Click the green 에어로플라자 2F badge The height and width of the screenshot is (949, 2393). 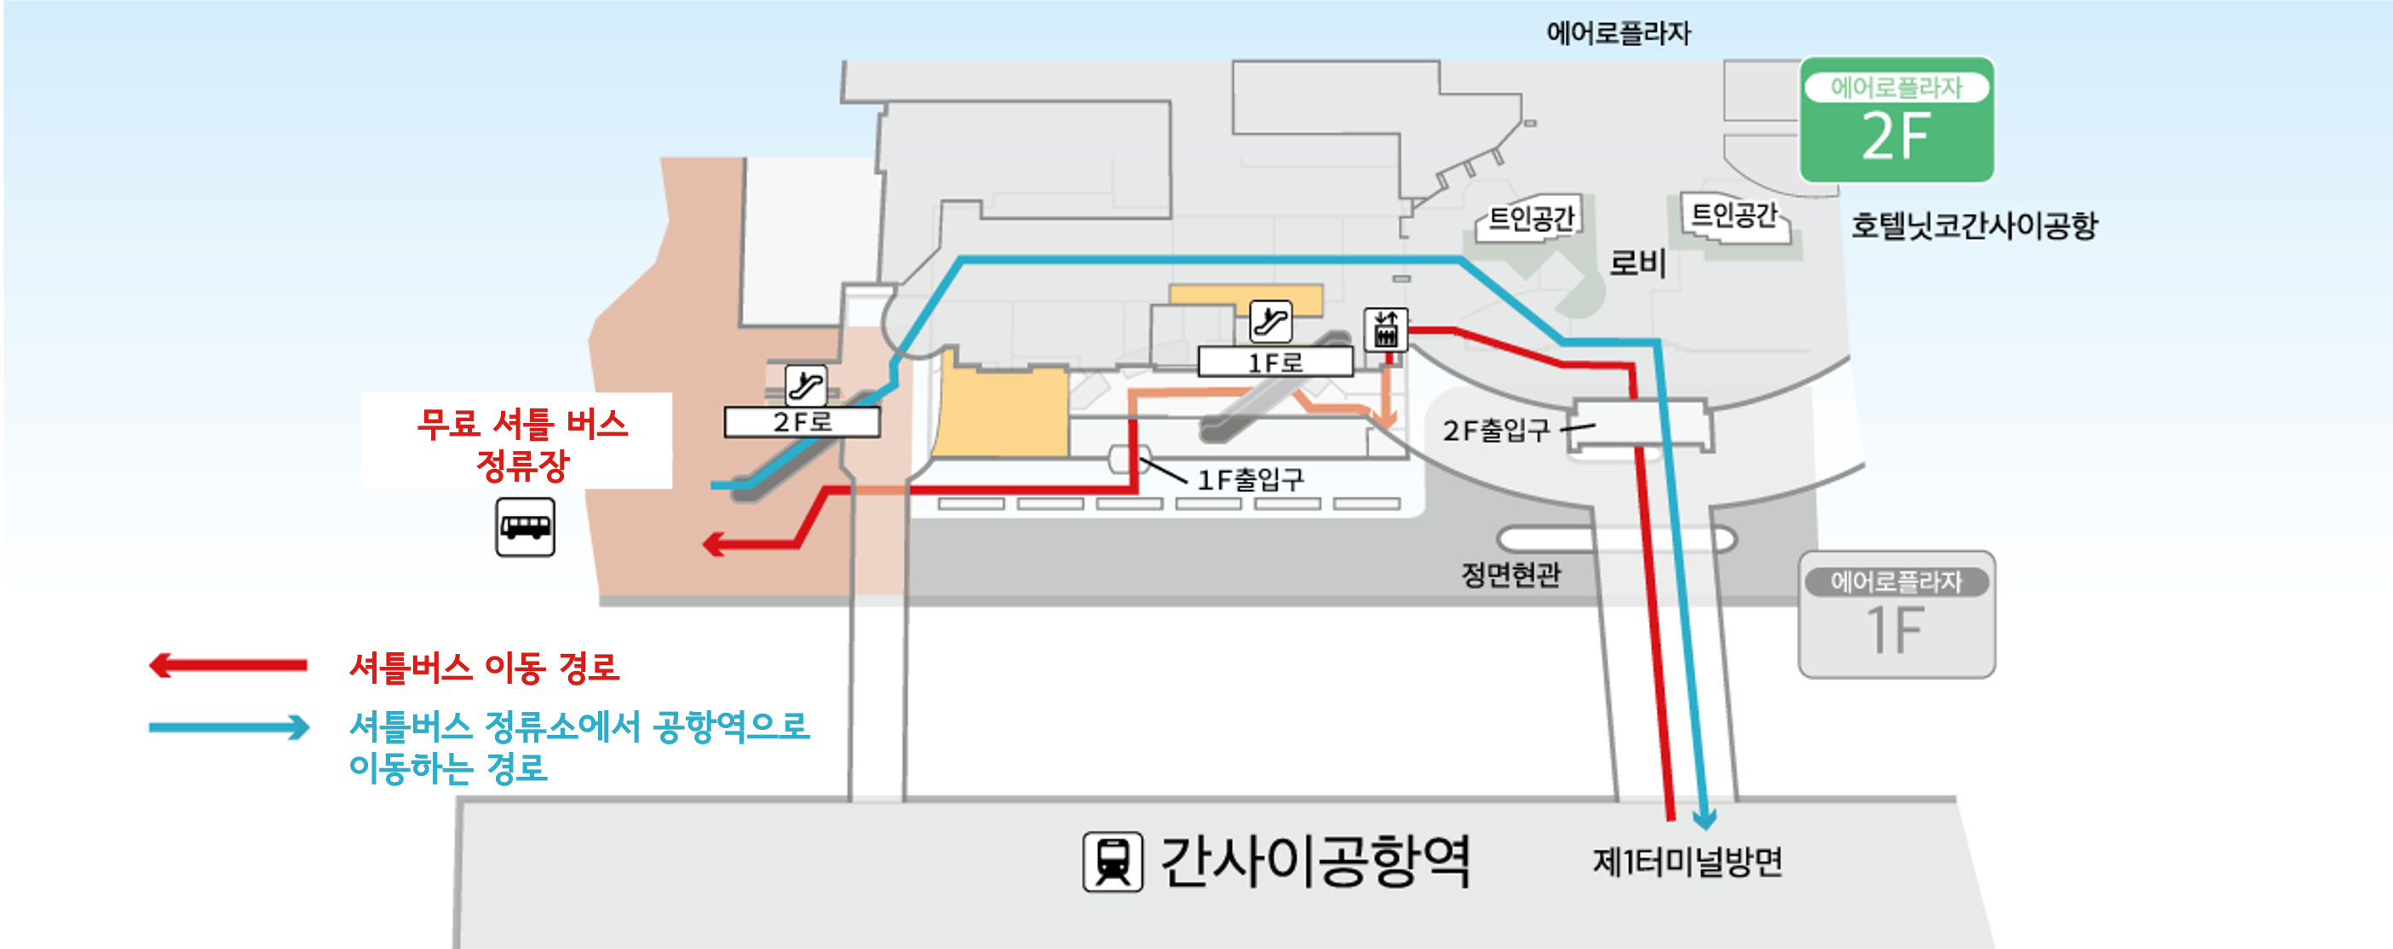tap(1896, 120)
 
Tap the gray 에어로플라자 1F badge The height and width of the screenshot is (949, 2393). tap(1896, 615)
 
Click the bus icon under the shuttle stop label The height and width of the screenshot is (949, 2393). tap(525, 527)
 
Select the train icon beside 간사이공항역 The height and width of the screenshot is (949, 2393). tap(1112, 862)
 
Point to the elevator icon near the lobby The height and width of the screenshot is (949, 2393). tap(1385, 329)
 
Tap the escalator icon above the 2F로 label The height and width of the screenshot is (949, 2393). tap(805, 385)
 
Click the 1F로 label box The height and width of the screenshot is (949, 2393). tap(1274, 362)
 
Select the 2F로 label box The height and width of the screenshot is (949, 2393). tap(802, 422)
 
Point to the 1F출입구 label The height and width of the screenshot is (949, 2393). tap(1251, 479)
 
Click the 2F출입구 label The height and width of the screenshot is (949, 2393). tap(1496, 431)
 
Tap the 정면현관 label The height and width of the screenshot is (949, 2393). tap(1510, 575)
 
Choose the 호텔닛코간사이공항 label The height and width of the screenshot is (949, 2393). tap(1974, 225)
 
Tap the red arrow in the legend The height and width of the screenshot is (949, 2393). tap(228, 666)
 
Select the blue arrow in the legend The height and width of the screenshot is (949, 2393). tap(228, 726)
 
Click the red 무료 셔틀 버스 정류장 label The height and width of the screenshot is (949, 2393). tap(521, 443)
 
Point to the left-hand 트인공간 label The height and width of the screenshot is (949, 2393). tap(1531, 218)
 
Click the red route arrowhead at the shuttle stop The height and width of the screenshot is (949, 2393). tap(713, 544)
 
